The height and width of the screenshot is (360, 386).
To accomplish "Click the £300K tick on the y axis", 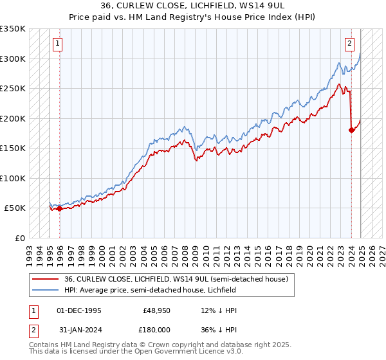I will pyautogui.click(x=13, y=59).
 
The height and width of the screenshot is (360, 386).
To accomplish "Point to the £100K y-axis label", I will pyautogui.click(x=13, y=178).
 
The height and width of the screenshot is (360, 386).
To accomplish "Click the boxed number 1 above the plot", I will pyautogui.click(x=58, y=44).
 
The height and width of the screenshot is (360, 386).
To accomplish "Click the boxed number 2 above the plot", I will pyautogui.click(x=349, y=44).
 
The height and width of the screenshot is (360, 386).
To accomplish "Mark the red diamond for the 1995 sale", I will pyautogui.click(x=59, y=208).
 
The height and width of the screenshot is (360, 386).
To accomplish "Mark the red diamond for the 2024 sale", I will pyautogui.click(x=351, y=130).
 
